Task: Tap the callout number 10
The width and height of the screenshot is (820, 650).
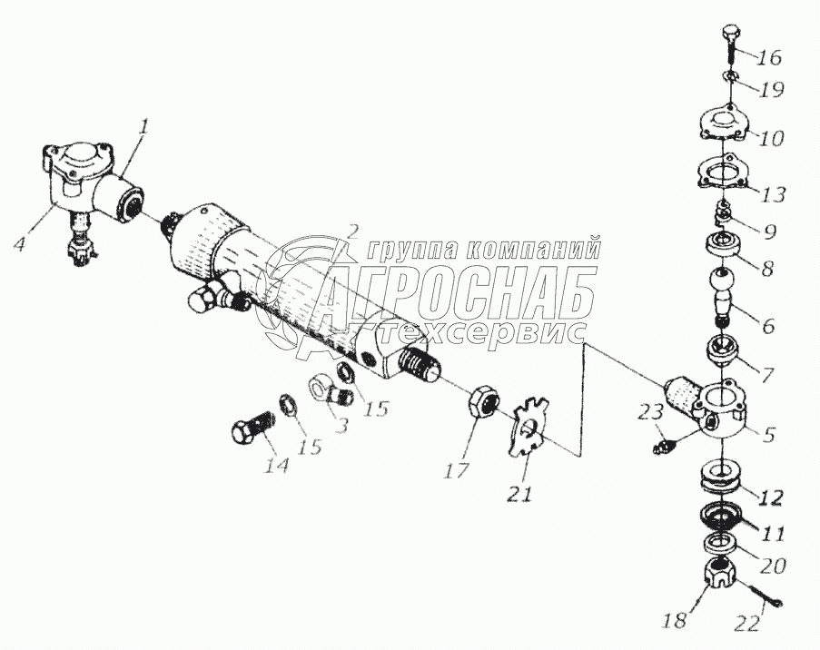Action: pyautogui.click(x=773, y=139)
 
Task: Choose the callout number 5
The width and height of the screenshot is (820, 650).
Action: pyautogui.click(x=768, y=435)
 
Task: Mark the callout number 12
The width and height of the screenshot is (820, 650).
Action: pyautogui.click(x=771, y=497)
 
